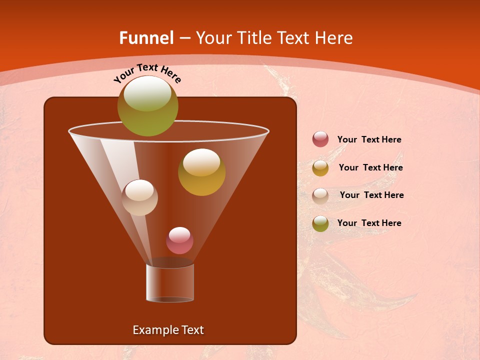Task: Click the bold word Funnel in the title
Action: coord(146,38)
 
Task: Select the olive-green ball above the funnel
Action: coord(148,106)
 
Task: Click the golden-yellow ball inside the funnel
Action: coord(201,172)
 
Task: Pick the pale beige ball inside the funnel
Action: coord(140,197)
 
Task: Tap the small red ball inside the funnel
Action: coord(179,240)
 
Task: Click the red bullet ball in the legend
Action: coord(320,139)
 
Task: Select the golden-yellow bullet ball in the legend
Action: coord(320,168)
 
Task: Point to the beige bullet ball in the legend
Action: coord(320,195)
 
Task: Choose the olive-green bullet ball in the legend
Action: coord(320,223)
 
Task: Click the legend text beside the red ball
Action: coord(369,140)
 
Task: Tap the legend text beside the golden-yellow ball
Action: coord(370,168)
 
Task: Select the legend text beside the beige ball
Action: coord(371,195)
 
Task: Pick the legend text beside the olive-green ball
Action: coord(369,223)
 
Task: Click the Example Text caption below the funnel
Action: coord(168,330)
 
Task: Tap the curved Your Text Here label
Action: coord(147,72)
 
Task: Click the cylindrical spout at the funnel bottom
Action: coord(170,282)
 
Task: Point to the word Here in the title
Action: coord(334,38)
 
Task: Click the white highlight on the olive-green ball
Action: coord(147,93)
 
